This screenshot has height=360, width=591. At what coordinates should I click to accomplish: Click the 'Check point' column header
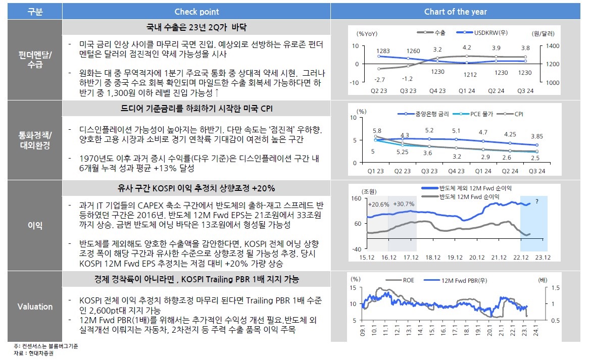(196, 12)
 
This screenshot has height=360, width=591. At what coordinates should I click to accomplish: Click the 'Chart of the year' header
(455, 12)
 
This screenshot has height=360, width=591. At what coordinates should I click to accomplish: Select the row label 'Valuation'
(35, 306)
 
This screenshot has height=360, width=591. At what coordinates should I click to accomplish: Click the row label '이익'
(35, 226)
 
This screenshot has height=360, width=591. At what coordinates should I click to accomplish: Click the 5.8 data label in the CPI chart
(377, 130)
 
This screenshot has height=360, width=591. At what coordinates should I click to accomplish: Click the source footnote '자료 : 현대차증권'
(34, 353)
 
